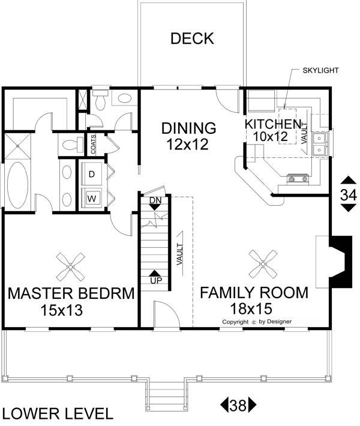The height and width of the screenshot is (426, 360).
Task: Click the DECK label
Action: click(192, 38)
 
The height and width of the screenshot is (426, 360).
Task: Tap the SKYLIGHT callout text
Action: click(320, 70)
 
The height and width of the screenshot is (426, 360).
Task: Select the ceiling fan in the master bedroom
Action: click(71, 268)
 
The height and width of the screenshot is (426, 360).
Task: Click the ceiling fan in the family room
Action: click(263, 264)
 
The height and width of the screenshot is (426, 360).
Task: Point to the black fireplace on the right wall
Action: click(341, 262)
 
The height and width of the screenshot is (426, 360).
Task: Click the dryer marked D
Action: click(92, 174)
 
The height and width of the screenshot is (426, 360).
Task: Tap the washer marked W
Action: click(92, 199)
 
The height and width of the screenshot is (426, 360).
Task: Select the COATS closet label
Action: click(93, 144)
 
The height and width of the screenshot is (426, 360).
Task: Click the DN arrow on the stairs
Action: click(155, 203)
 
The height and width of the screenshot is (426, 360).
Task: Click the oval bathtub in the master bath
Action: click(17, 186)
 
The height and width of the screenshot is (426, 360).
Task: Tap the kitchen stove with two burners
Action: click(298, 178)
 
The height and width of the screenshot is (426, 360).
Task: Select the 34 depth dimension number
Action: click(349, 195)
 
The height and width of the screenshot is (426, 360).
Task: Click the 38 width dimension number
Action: click(238, 406)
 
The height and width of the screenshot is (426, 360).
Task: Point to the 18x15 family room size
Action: click(251, 308)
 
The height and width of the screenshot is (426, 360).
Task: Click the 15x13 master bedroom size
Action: click(61, 310)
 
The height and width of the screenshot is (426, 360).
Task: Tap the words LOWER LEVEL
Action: click(58, 414)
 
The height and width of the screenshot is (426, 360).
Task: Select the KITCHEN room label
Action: click(273, 124)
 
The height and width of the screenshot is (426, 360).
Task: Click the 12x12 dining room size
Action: click(187, 144)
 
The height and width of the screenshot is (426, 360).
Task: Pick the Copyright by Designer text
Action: click(257, 322)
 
